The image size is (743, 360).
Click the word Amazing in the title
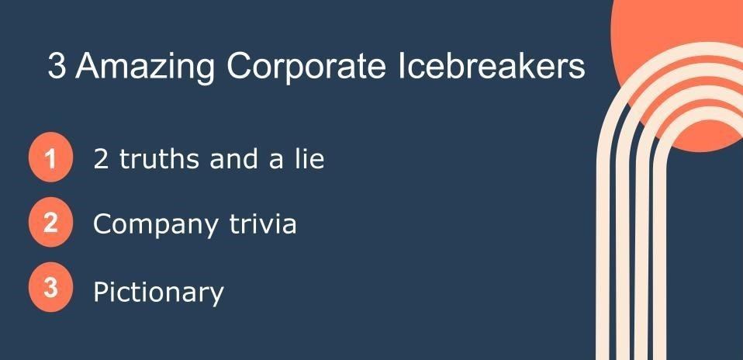tap(144, 66)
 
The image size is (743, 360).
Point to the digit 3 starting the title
tap(57, 66)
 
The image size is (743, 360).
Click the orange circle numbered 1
tap(50, 157)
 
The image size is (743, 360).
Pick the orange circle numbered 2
tap(50, 223)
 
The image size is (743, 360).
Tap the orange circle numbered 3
tap(50, 287)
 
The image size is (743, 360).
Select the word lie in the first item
tap(309, 157)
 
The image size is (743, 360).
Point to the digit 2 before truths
tap(101, 158)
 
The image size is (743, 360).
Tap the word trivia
tap(263, 223)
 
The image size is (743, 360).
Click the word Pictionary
tap(158, 292)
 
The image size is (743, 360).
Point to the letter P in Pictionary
tap(101, 291)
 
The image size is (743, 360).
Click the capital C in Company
tap(103, 224)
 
